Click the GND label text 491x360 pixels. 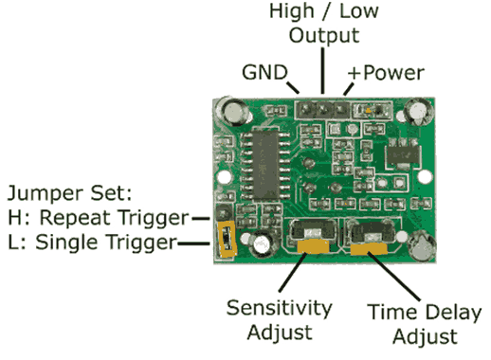265,72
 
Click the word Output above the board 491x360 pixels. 324,36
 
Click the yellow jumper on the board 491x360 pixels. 227,243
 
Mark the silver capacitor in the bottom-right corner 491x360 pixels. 421,246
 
